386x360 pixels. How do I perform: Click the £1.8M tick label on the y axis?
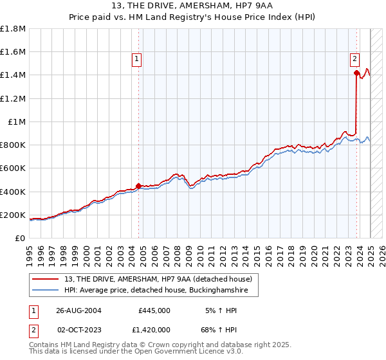[13, 29]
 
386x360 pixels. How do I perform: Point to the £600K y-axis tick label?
[13, 168]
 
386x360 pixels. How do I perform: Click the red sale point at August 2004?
[139, 186]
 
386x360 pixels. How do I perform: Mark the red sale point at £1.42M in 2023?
[356, 73]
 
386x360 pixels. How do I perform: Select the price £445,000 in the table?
[154, 310]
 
